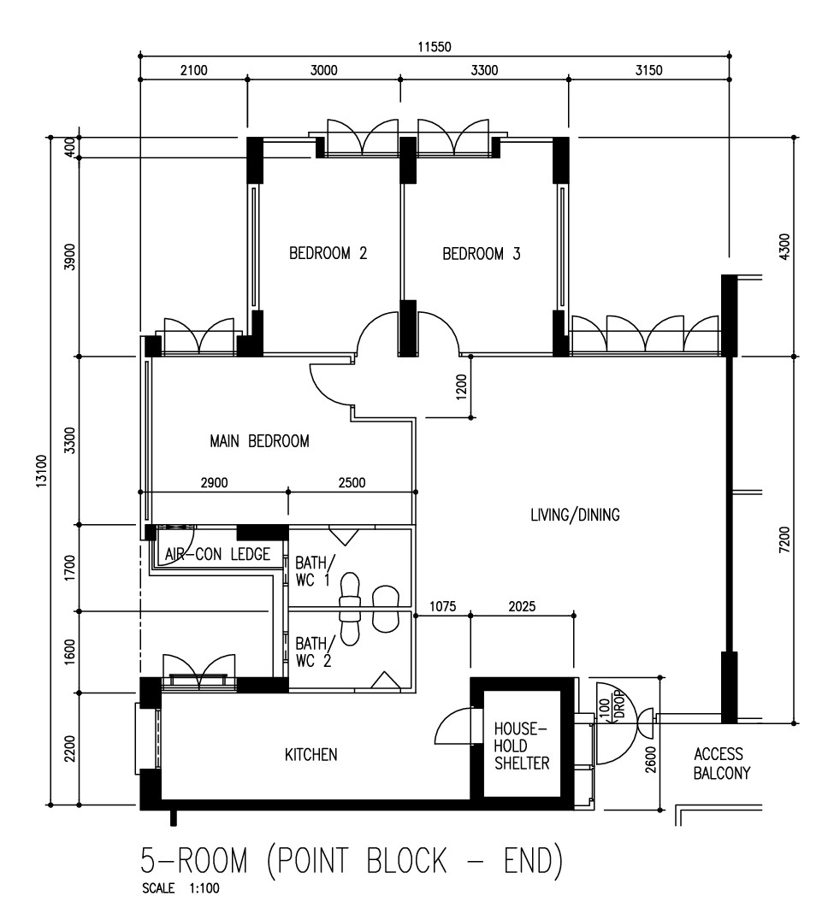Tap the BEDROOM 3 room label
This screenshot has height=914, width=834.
pyautogui.click(x=482, y=254)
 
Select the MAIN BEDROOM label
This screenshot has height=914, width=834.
pyautogui.click(x=259, y=441)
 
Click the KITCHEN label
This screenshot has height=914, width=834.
pyautogui.click(x=311, y=754)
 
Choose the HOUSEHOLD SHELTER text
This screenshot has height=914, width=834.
pyautogui.click(x=522, y=746)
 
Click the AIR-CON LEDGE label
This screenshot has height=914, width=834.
pyautogui.click(x=217, y=554)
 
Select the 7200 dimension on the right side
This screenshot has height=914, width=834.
pyautogui.click(x=785, y=540)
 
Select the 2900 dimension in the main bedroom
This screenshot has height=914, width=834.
pyautogui.click(x=214, y=482)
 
